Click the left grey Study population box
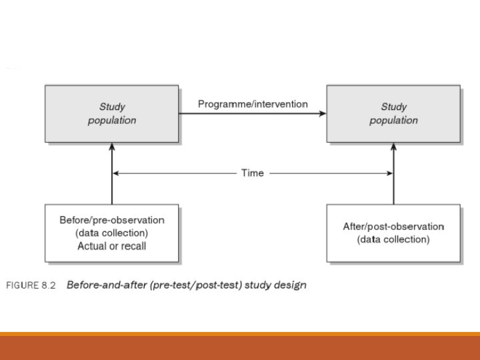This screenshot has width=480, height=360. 112,113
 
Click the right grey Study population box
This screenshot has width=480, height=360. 393,113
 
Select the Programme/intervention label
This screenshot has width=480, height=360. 253,104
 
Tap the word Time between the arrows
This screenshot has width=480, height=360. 253,173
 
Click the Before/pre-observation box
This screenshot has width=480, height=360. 112,233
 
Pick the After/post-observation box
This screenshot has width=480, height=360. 393,233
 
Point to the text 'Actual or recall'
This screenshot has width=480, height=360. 112,246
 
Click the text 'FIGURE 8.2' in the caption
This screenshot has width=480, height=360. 31,285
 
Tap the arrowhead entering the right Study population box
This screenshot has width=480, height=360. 323,114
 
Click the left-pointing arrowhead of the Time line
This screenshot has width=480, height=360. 116,173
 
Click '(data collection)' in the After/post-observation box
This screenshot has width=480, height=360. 393,239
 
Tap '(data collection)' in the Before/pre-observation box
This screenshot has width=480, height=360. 112,233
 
